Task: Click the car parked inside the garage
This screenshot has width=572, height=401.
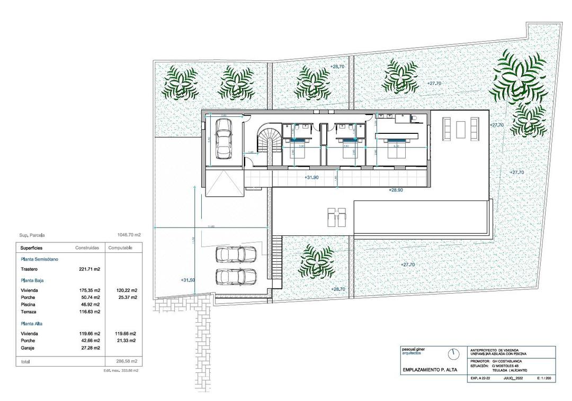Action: tap(224, 138)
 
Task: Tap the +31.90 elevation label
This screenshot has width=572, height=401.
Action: tap(312, 178)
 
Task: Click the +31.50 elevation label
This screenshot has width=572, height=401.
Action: tap(187, 280)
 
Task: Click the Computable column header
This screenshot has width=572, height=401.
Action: tap(120, 248)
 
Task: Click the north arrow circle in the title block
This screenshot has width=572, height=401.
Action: tap(453, 353)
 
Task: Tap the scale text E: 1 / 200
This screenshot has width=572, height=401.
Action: tap(544, 379)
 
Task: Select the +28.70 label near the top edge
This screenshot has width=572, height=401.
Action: tap(337, 66)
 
